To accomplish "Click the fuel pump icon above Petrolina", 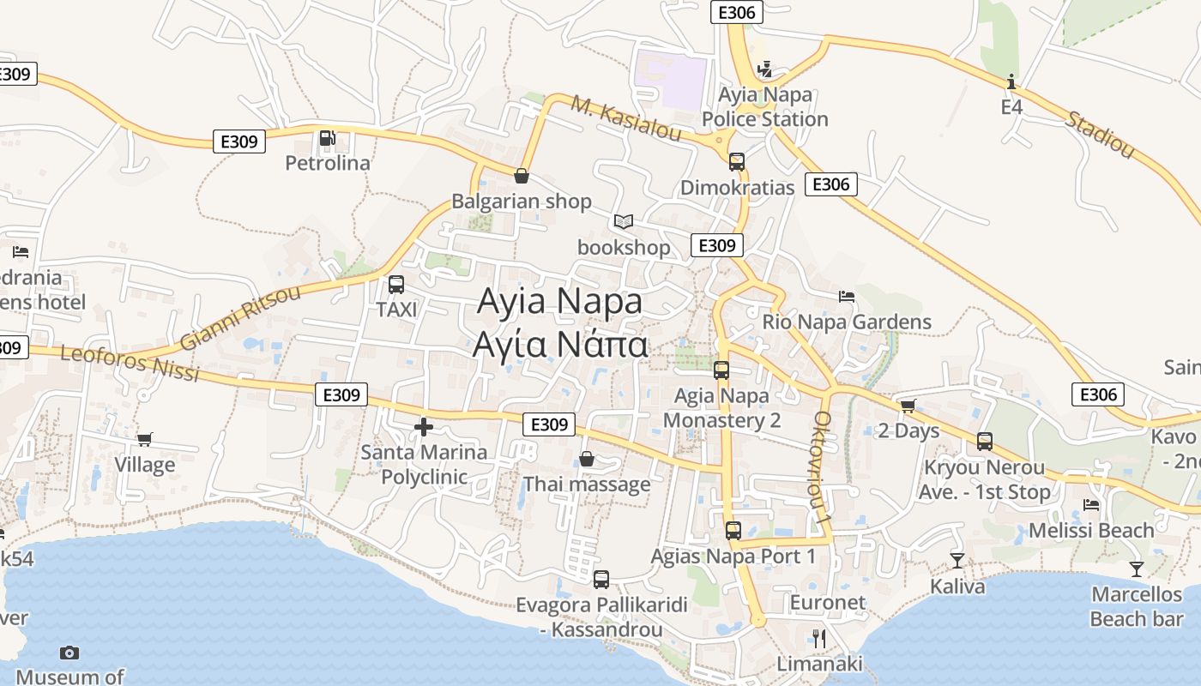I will point(327,138).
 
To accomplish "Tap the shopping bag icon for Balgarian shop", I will point(521,176).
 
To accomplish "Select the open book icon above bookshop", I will point(624,222).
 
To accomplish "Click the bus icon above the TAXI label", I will point(396,285).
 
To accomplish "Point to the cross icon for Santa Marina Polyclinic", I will point(423,427).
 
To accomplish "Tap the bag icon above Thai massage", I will point(587,460).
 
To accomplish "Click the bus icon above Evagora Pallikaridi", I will point(601,580).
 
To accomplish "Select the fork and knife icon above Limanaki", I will point(819,638).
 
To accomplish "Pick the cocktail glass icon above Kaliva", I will point(957,561).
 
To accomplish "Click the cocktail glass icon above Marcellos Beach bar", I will point(1137,569).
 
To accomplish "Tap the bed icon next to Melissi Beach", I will point(1091,505).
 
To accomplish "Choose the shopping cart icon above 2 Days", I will point(908,406).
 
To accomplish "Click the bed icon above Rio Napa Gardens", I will point(847,297).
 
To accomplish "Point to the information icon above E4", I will point(1012,81).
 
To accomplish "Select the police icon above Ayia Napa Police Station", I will point(764,69).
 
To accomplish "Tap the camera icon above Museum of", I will point(69,653).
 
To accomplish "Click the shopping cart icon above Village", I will point(145,440).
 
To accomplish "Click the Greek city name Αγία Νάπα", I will point(559,344).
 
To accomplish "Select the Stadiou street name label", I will point(1100,134).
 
